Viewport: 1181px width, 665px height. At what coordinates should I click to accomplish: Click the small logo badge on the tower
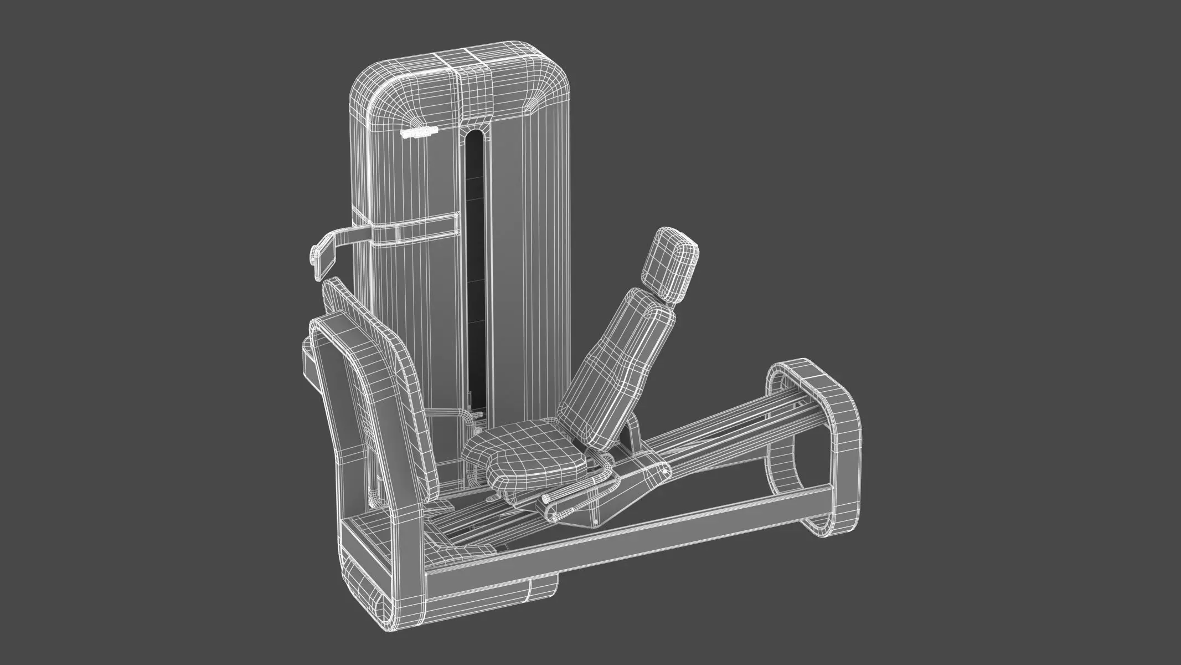419,132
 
